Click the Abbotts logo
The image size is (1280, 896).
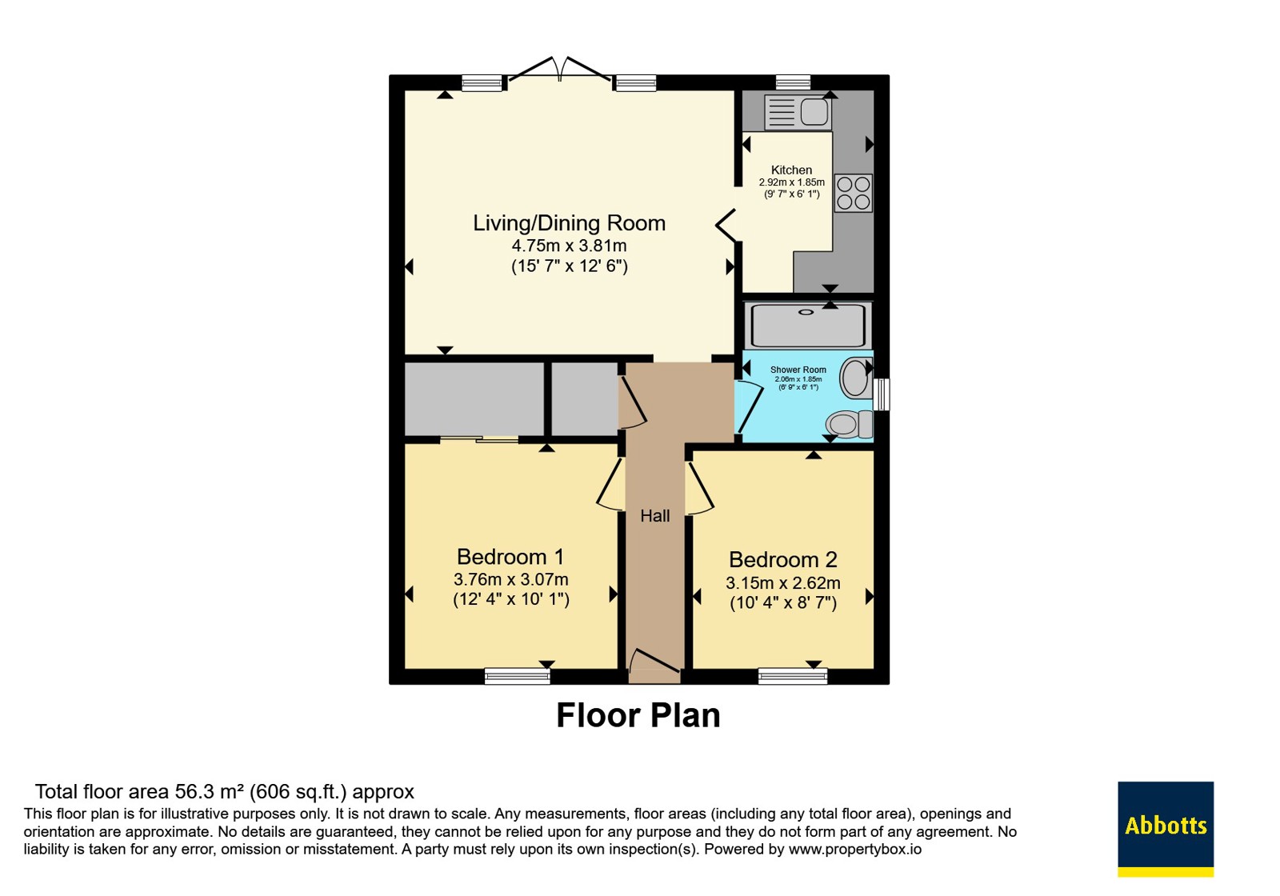pos(1165,829)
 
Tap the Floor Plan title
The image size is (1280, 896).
pos(638,715)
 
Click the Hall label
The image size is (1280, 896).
pos(655,516)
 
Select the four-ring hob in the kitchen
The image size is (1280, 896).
pos(853,193)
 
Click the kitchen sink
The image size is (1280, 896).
pos(798,112)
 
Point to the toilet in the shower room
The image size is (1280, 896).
pos(849,425)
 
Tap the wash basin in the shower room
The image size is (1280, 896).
pos(856,377)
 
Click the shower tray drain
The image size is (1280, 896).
pos(806,313)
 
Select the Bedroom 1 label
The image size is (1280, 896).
pos(510,557)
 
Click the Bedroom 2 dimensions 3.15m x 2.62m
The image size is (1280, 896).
pos(783,583)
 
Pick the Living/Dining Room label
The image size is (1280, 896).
pos(569,223)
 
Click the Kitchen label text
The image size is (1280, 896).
pos(791,170)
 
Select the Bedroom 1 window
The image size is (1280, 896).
pos(517,677)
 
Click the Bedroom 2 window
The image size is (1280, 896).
pos(793,677)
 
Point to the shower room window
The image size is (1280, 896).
pos(882,394)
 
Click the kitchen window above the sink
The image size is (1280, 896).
pos(793,83)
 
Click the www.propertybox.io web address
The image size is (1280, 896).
pos(855,850)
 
